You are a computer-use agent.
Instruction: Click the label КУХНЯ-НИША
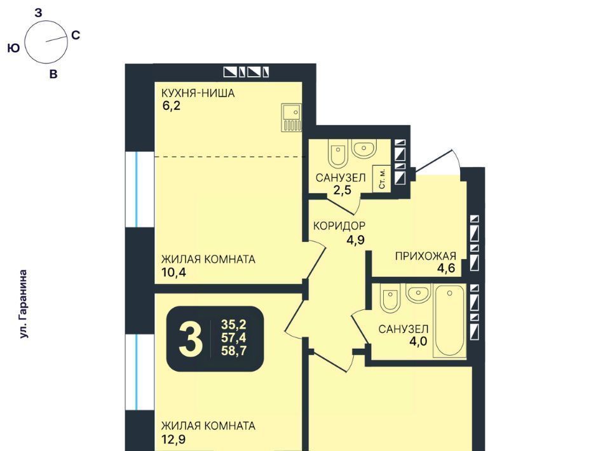coord(198,93)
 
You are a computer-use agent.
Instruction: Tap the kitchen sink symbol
coord(292,117)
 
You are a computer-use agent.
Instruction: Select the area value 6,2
coord(172,105)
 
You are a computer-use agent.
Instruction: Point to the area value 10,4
coord(173,272)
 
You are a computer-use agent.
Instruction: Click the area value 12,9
coord(173,440)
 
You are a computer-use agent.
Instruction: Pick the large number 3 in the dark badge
coord(191,339)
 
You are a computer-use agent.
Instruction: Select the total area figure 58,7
coord(234,351)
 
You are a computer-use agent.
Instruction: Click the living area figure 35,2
coord(234,324)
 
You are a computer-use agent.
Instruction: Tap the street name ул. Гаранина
coord(24,304)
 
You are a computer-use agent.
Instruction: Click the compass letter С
coord(76,35)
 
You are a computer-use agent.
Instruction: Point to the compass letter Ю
coord(13,48)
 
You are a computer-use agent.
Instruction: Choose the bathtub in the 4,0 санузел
coord(449,320)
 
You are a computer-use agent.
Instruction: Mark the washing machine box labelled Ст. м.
coord(382,178)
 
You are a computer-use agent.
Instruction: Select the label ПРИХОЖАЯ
coord(426,256)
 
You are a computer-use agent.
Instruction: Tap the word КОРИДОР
coord(339,226)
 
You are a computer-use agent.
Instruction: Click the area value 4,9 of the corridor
coord(356,240)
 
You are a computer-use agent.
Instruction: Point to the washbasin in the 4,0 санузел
coord(418,292)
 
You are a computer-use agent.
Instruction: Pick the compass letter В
coord(53,74)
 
